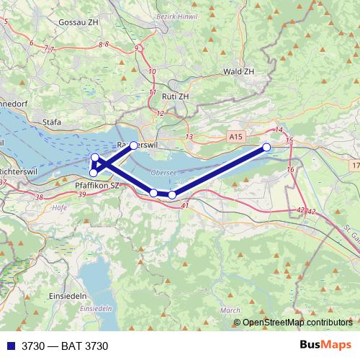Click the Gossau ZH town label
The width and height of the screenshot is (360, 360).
tap(80, 22)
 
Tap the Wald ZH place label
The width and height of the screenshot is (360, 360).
tap(238, 72)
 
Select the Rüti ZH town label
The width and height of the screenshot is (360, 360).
tap(174, 96)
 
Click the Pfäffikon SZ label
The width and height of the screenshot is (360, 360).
tap(97, 185)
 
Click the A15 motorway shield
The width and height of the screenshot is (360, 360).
tap(235, 135)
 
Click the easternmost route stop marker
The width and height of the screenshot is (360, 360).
tap(266, 147)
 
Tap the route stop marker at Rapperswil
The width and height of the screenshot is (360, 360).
tap(133, 145)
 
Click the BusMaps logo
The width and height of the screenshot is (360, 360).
tap(325, 346)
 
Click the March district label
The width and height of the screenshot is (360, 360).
tap(230, 310)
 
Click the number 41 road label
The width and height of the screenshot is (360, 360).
tap(185, 207)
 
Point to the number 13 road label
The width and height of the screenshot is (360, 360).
tap(189, 137)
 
